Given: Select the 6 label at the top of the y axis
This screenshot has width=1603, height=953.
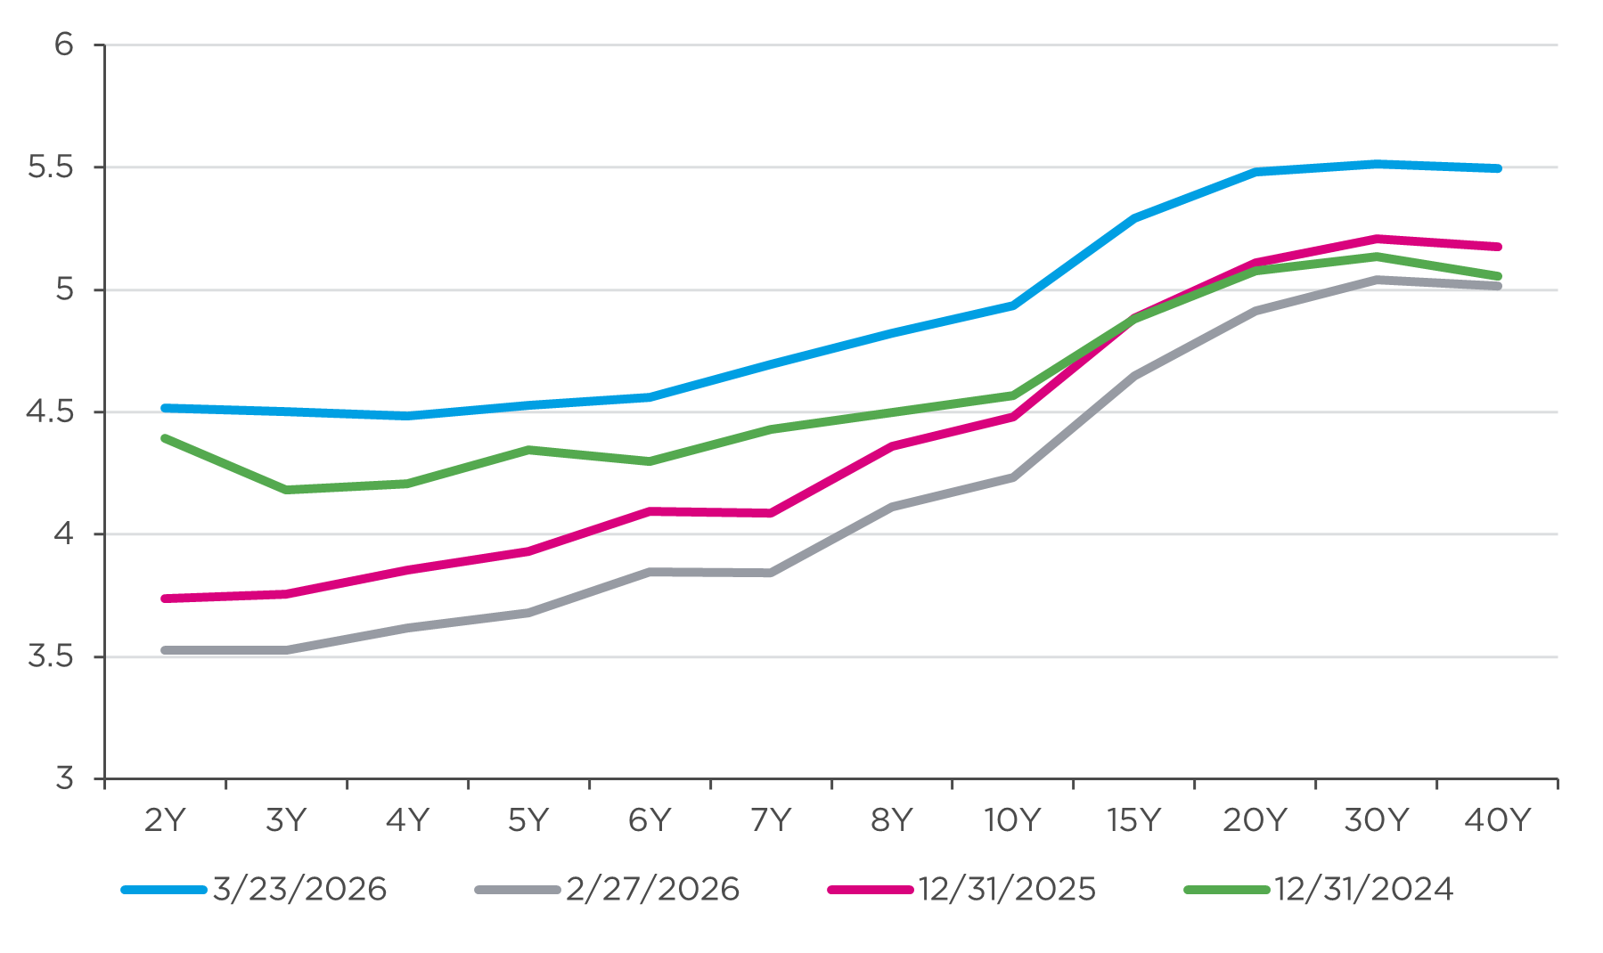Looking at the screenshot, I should click(63, 45).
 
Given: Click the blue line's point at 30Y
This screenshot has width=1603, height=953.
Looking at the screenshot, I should click(1377, 164).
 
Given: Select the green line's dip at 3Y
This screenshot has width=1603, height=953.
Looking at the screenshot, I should click(286, 490).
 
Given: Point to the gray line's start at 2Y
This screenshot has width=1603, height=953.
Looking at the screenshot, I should click(165, 650).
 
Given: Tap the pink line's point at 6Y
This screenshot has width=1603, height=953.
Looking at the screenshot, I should click(650, 511).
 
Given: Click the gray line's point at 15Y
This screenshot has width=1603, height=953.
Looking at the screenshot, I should click(1134, 377).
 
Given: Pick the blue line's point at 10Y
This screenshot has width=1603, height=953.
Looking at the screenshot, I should click(1013, 305).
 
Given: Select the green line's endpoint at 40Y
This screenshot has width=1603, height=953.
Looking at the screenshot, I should click(1498, 276).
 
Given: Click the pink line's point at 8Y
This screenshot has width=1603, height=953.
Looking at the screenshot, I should click(892, 446).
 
